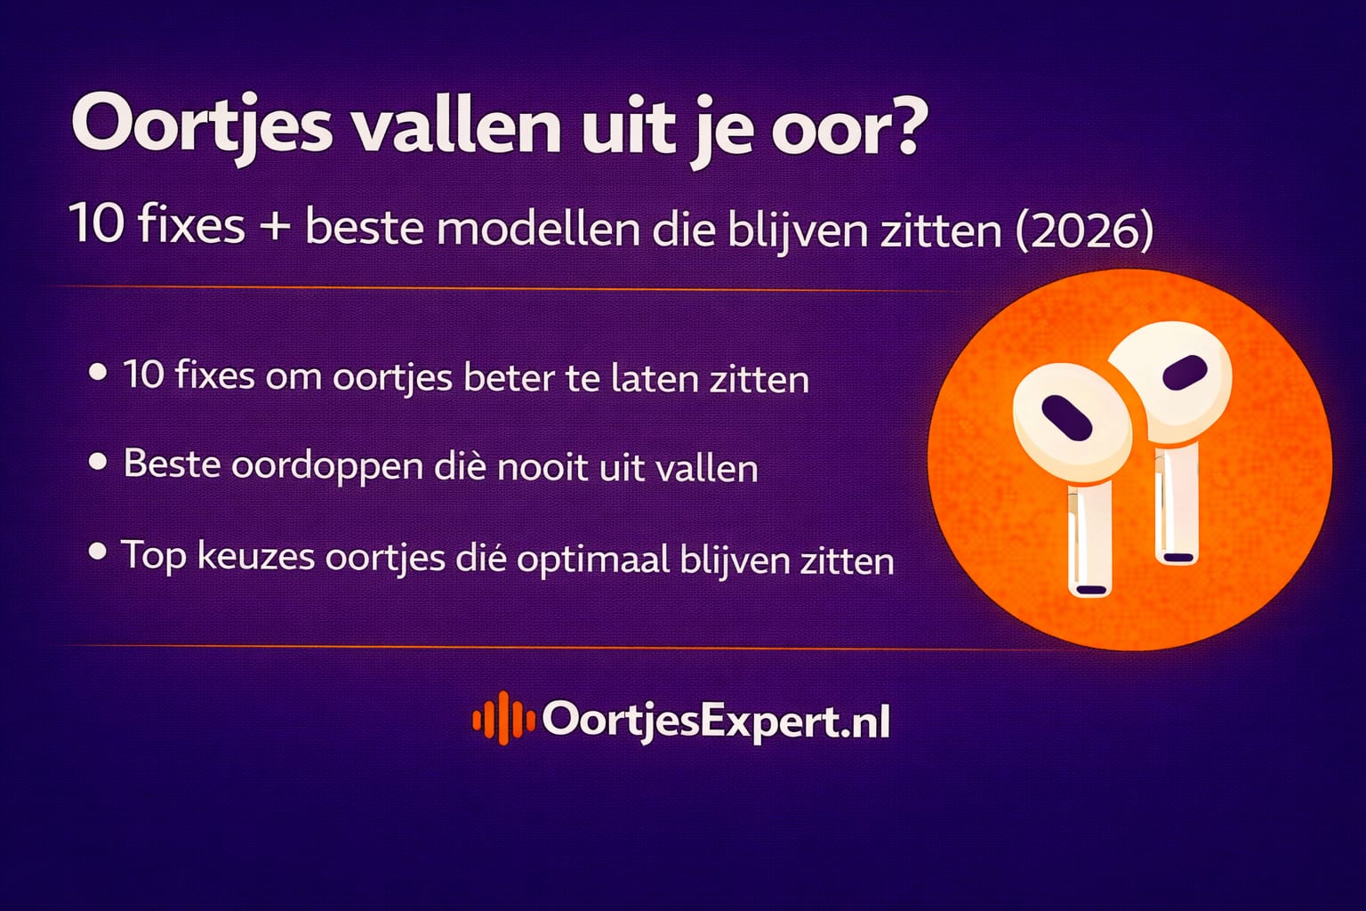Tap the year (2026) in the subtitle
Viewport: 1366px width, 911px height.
[x=1084, y=230]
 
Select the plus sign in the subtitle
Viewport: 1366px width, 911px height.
[x=275, y=226]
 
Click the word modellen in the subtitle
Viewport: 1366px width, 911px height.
[x=538, y=229]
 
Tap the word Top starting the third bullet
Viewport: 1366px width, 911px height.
[x=153, y=556]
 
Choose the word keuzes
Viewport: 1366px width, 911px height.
[x=256, y=557]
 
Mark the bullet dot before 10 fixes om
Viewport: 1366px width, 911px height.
[x=98, y=372]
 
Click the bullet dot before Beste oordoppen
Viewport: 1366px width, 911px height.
[x=98, y=462]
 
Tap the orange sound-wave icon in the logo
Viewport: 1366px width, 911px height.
[x=502, y=718]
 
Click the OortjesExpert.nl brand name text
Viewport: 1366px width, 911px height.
[x=716, y=721]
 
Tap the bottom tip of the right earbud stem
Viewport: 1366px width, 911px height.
[x=1177, y=557]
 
